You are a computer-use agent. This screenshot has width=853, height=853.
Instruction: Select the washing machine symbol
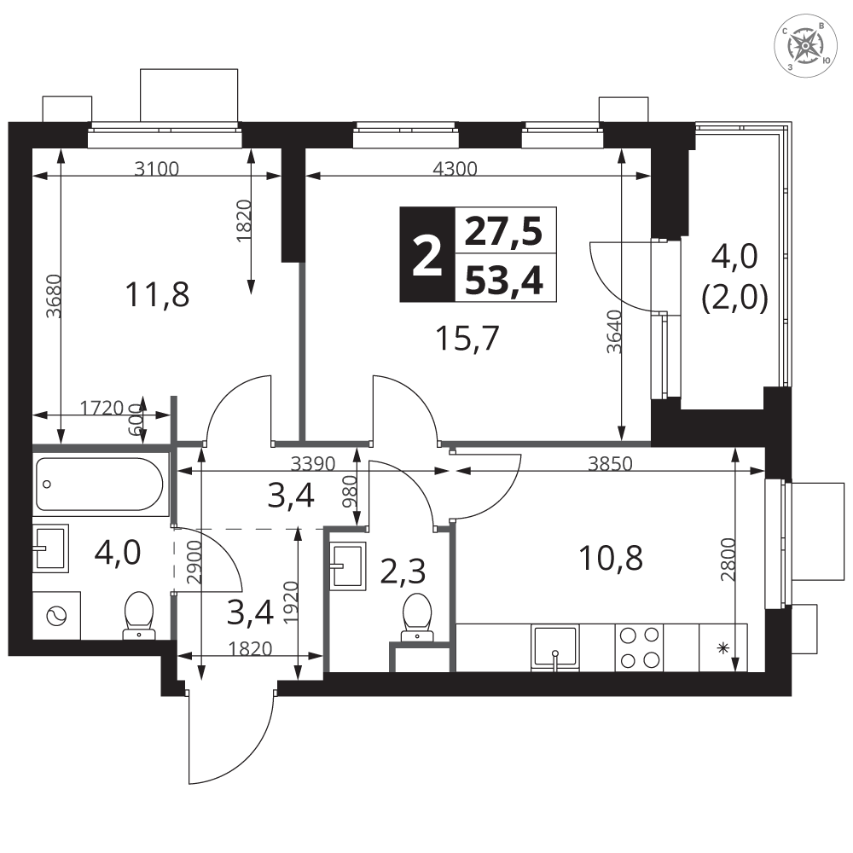click(56, 616)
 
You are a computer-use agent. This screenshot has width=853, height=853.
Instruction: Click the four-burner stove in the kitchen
click(639, 647)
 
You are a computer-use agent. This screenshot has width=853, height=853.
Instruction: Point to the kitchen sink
click(555, 647)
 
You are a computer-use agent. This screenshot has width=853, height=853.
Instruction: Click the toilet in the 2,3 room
click(417, 617)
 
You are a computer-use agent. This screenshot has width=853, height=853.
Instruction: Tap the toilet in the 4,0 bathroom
click(139, 615)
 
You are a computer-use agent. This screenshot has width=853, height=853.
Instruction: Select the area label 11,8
click(157, 294)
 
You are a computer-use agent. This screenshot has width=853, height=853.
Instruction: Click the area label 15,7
click(467, 339)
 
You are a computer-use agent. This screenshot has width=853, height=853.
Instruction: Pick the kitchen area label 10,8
click(611, 558)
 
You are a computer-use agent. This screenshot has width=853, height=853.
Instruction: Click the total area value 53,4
click(505, 281)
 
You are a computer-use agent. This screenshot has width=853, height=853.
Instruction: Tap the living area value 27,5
click(505, 232)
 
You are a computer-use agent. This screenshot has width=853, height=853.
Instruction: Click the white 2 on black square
click(427, 254)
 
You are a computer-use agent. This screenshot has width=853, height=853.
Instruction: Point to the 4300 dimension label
click(455, 169)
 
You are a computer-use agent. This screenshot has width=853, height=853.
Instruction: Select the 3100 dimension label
click(157, 169)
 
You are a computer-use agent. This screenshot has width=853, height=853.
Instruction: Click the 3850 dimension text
click(611, 463)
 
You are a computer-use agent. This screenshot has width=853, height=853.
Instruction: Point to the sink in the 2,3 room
click(348, 566)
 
